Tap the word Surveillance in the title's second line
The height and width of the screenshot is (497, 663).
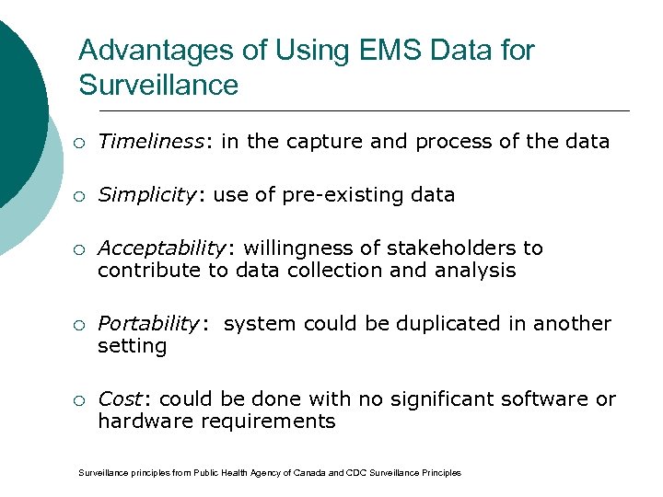point(158,86)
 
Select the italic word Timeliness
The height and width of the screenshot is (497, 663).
point(151,141)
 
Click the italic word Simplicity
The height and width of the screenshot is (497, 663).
point(145,194)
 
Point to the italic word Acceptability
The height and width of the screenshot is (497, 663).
point(161,248)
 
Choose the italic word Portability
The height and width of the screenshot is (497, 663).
point(147,324)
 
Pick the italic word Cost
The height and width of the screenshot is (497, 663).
point(120,399)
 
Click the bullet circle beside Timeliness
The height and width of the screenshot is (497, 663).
point(82,142)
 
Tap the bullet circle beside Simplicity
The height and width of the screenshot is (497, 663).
point(82,195)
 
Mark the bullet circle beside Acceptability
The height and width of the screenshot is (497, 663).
point(82,249)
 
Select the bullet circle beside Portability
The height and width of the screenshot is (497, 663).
point(82,325)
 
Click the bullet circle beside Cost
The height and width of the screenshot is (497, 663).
point(82,400)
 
